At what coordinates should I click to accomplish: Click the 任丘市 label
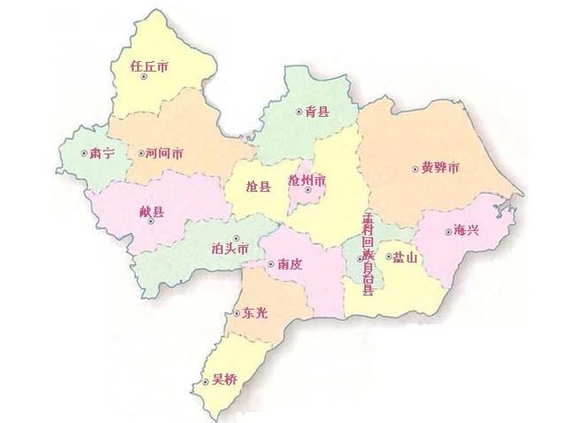pyautogui.click(x=149, y=65)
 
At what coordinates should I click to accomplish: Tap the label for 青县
pyautogui.click(x=317, y=112)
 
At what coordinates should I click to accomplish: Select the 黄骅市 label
pyautogui.click(x=440, y=167)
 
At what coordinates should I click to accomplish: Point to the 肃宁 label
pyautogui.click(x=103, y=153)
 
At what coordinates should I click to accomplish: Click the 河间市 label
pyautogui.click(x=165, y=153)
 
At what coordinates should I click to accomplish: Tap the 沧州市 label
pyautogui.click(x=307, y=180)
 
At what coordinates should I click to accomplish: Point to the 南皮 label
pyautogui.click(x=291, y=264)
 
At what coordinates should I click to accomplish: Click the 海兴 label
pyautogui.click(x=466, y=230)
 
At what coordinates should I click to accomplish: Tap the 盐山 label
pyautogui.click(x=405, y=257)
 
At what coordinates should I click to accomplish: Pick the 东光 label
pyautogui.click(x=255, y=312)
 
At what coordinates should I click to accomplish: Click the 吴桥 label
pyautogui.click(x=226, y=381)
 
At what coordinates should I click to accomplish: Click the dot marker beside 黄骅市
pyautogui.click(x=415, y=168)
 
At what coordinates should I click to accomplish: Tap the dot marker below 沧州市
pyautogui.click(x=307, y=189)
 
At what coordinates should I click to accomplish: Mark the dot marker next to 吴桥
pyautogui.click(x=206, y=381)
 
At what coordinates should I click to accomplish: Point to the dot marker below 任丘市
pyautogui.click(x=144, y=76)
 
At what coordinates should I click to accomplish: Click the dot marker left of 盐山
pyautogui.click(x=387, y=257)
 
